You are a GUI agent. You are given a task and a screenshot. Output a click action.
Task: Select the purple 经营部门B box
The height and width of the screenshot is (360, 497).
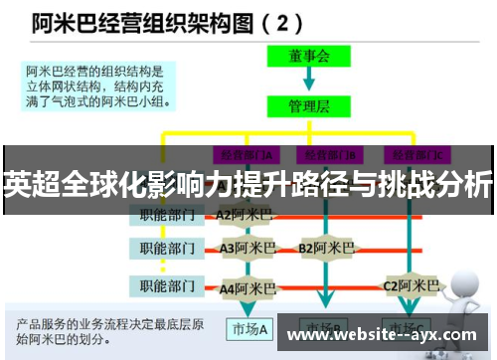click(332, 154)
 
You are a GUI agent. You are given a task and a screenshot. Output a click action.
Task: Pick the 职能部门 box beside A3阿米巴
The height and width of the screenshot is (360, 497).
click(166, 248)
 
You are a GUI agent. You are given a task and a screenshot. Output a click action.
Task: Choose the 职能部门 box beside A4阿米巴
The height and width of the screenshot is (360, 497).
click(166, 286)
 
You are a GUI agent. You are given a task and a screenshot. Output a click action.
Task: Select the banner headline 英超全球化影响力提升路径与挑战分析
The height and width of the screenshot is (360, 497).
click(248, 184)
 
